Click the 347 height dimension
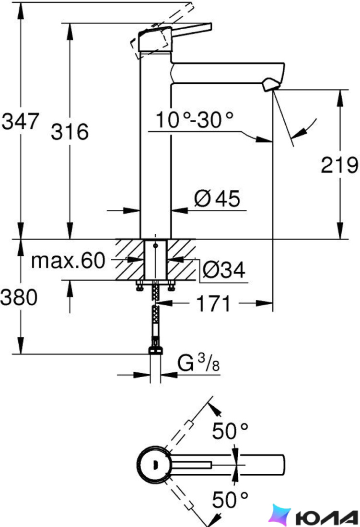[21, 121]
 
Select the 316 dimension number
[70, 131]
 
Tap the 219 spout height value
[339, 165]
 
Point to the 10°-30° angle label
[195, 120]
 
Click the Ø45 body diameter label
[217, 198]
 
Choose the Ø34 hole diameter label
[224, 270]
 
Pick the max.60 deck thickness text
[68, 261]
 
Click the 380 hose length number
[19, 298]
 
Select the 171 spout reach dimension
[213, 303]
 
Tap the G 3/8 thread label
[198, 363]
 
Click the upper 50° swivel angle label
[230, 431]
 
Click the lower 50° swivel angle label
[230, 499]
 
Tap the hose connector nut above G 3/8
[155, 351]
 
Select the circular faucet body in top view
[155, 465]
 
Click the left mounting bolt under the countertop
[139, 286]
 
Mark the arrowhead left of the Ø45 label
[179, 211]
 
